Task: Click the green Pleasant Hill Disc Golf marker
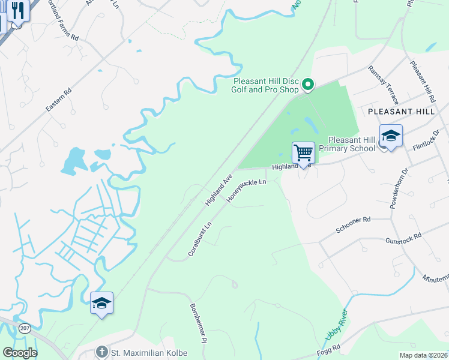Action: click(x=308, y=85)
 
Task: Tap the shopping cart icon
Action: click(x=303, y=153)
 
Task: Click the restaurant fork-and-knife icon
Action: click(x=19, y=11)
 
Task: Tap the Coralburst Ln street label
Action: click(x=200, y=239)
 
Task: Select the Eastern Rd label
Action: click(x=58, y=101)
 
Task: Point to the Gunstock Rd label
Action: click(x=403, y=240)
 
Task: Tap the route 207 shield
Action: click(x=25, y=328)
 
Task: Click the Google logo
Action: click(x=20, y=353)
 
